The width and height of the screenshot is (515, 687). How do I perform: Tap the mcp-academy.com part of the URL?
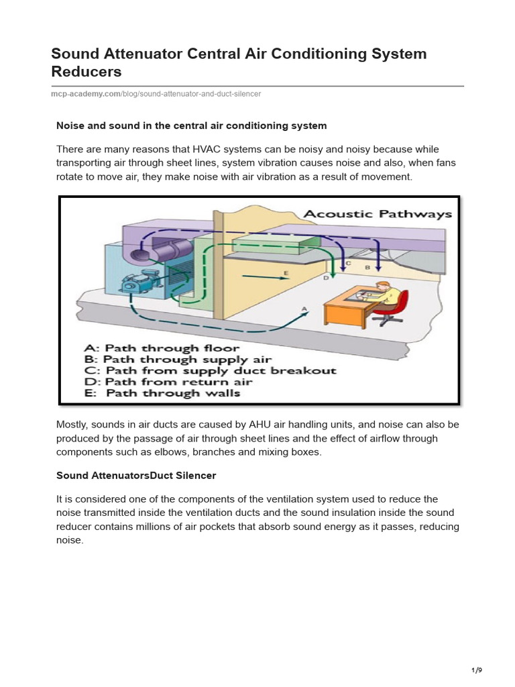[x=85, y=94]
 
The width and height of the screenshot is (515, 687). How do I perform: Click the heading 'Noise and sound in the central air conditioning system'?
[x=191, y=125]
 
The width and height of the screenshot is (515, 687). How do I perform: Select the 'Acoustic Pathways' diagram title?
[x=378, y=214]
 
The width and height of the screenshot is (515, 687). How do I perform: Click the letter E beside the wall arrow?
[x=286, y=273]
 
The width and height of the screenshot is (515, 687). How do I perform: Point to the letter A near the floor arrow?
[x=305, y=308]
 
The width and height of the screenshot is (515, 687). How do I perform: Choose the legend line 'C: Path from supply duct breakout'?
[x=210, y=370]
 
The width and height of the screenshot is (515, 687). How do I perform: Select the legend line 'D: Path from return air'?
[x=168, y=382]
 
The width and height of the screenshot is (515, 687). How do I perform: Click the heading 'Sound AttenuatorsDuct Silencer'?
[x=136, y=475]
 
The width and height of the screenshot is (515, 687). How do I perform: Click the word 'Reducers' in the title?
[x=87, y=71]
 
